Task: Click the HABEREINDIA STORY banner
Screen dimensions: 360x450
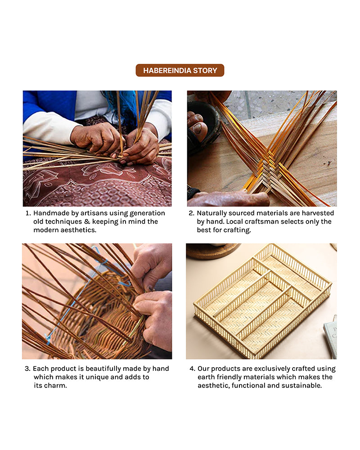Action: pos(180,70)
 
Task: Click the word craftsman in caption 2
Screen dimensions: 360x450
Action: pos(262,221)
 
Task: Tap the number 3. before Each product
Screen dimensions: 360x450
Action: pos(27,369)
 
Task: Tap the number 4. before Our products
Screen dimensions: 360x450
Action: pos(192,369)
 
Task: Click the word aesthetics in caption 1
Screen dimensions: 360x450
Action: pos(78,230)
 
